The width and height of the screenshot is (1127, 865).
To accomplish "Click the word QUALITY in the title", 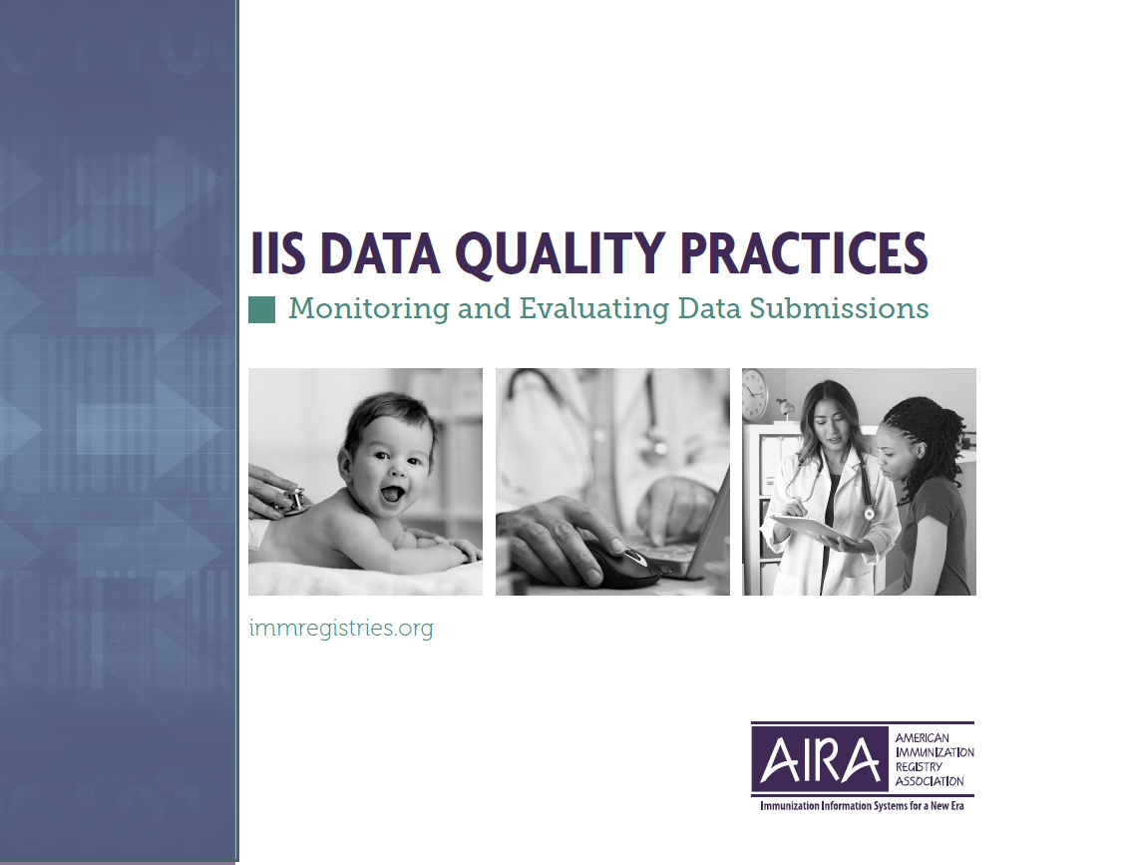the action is point(560,253).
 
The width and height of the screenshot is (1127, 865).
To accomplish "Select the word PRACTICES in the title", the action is point(804,253).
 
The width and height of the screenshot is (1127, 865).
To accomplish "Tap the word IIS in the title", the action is point(277,253).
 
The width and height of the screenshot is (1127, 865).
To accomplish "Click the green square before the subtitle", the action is point(261,310).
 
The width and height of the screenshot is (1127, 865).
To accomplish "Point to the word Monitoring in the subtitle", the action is point(369,309).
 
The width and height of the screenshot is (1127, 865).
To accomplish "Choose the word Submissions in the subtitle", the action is point(839,308).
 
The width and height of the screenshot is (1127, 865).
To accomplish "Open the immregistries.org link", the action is point(341,629).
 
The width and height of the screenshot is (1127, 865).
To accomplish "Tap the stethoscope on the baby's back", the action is point(295,498).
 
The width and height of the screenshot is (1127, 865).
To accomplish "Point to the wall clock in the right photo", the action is point(755,394).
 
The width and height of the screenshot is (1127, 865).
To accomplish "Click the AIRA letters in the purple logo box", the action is point(820,760).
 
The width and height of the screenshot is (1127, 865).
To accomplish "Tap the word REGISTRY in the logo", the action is point(919,767).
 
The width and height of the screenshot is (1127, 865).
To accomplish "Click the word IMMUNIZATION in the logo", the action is point(935,753).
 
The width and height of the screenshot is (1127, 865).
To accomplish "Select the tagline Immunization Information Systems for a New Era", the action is point(862,806).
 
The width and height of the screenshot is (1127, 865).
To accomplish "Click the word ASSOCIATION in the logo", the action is point(930,781).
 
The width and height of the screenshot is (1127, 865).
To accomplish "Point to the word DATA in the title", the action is point(379,253).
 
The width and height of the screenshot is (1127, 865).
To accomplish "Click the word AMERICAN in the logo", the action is point(923,738).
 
